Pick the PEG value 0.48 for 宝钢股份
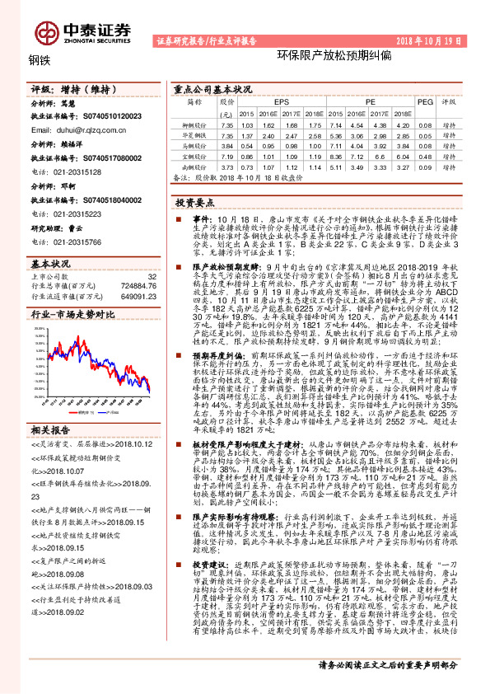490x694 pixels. [425, 154]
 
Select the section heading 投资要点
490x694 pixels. [194, 201]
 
